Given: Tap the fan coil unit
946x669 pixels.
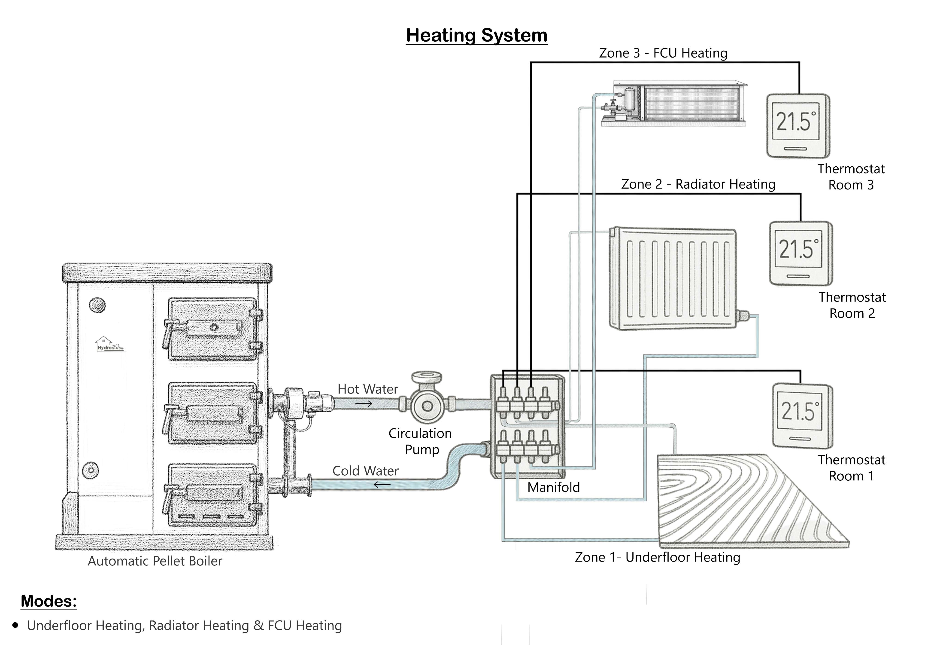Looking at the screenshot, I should pos(676,103).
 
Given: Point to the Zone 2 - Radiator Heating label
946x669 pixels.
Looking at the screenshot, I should pos(698,184).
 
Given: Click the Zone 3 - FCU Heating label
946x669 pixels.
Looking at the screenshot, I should pos(663,53).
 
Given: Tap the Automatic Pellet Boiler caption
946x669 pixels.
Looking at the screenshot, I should pos(155,561).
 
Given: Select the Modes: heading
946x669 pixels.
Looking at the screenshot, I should pos(49,601).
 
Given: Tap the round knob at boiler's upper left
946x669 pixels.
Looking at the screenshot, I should pos(97,305).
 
